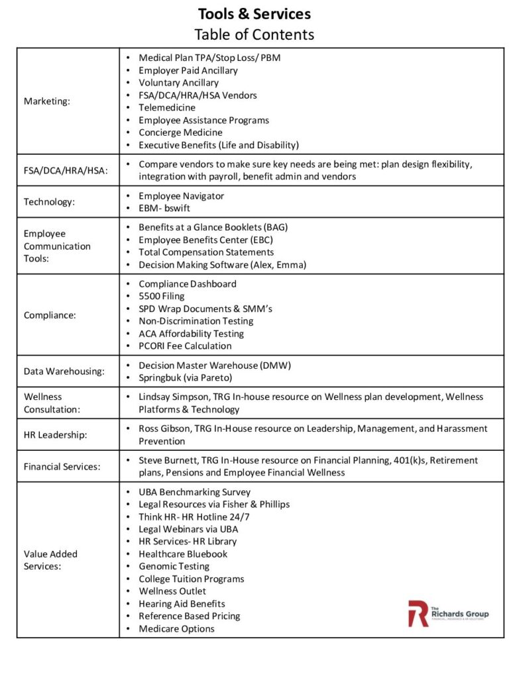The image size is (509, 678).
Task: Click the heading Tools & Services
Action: tap(254, 14)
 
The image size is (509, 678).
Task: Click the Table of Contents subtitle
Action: tap(254, 34)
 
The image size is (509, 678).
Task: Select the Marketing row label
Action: tap(46, 101)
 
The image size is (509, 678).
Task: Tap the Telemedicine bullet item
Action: tap(167, 107)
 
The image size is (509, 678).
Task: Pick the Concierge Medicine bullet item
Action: tap(180, 132)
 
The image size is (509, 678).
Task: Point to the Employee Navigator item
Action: tap(181, 196)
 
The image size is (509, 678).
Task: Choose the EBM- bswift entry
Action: tap(165, 209)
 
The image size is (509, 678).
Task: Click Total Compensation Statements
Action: tap(206, 252)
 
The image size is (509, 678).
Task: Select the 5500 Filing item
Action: tap(162, 296)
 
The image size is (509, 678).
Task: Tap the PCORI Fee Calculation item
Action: tap(185, 346)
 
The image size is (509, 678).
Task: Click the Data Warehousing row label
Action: tap(64, 371)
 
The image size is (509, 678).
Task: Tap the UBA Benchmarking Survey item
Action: tap(195, 492)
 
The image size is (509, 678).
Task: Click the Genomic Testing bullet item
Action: tap(174, 566)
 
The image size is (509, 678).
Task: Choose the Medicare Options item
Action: tap(176, 628)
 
